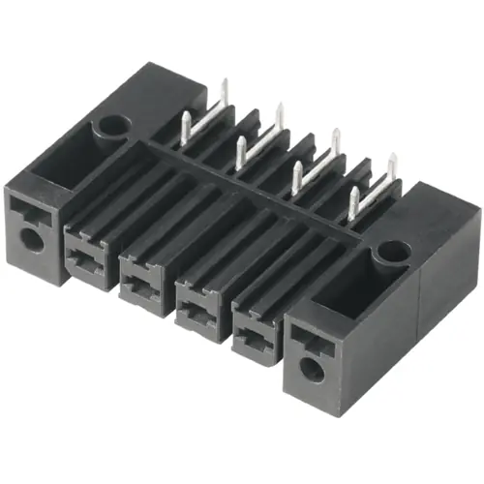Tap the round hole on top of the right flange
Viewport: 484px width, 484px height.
coord(391,253)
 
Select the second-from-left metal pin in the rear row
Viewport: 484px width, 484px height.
coord(280,118)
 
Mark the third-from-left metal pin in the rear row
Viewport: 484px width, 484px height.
coord(336,143)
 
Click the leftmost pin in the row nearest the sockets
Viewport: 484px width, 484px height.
coord(186,124)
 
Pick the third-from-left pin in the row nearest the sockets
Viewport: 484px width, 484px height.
coord(298,175)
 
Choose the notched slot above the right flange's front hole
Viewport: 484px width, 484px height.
coord(305,336)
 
